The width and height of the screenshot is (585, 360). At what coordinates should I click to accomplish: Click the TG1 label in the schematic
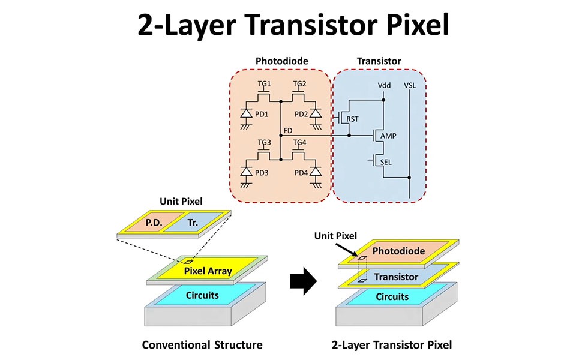click(265, 83)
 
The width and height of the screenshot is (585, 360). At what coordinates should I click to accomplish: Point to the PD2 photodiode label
click(302, 114)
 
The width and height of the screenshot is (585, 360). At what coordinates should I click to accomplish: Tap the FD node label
click(288, 130)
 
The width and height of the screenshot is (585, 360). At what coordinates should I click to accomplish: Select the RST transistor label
click(353, 119)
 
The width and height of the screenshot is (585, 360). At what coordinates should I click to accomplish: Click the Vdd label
click(385, 85)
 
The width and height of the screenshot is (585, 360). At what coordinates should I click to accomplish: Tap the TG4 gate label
click(299, 143)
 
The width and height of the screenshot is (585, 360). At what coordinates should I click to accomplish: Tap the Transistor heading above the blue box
click(379, 61)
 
